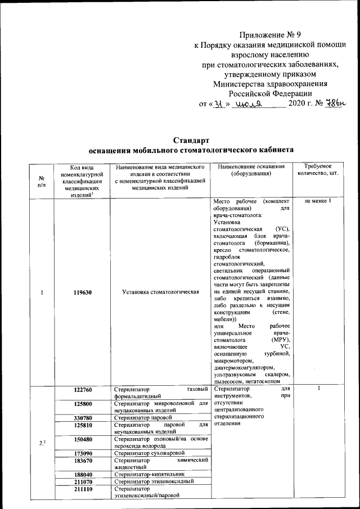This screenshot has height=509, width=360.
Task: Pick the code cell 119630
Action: point(83,292)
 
